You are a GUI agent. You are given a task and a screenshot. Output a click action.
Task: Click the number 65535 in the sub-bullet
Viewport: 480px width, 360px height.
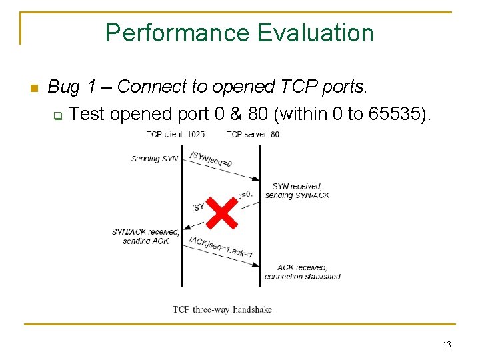399,114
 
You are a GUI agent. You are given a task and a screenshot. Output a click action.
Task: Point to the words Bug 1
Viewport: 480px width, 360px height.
75,87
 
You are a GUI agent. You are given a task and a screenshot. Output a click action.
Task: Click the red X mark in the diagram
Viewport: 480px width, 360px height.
221,212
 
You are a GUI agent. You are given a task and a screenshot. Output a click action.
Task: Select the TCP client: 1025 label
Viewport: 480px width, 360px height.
175,135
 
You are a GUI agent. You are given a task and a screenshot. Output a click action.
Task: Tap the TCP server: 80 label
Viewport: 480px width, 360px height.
253,135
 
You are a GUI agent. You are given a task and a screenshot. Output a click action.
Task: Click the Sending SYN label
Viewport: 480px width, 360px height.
155,159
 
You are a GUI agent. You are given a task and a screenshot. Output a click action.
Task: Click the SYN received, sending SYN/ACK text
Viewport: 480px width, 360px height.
297,191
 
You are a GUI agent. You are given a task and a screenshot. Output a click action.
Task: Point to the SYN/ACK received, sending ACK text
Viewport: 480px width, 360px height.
146,237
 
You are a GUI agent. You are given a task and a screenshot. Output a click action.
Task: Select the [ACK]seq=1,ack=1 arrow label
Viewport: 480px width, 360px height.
221,248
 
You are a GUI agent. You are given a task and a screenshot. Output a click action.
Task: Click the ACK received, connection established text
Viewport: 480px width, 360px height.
302,272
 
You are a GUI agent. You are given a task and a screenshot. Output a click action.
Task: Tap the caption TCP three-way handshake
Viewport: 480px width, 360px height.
223,309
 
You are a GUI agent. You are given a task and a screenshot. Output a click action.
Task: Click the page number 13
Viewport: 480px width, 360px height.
446,345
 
